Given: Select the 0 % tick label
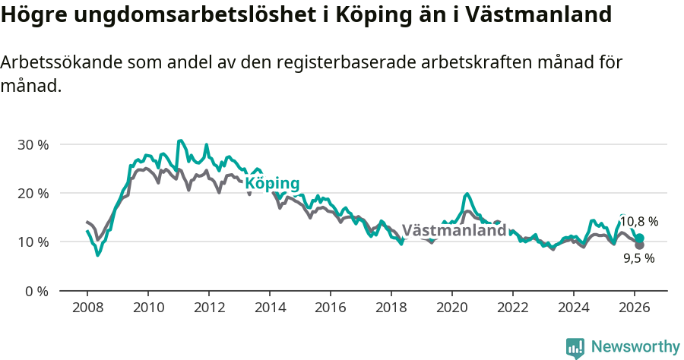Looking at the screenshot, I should coord(36,291).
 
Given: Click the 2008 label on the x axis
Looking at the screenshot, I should coord(87,308).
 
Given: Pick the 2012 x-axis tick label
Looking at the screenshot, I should coord(209,308).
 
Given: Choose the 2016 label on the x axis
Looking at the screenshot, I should coord(331,308).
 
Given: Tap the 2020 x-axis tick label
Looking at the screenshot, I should coord(452,308).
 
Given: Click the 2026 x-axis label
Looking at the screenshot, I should coord(635,308).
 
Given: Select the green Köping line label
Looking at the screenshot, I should coord(272,184).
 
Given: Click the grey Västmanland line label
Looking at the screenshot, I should coord(454,230).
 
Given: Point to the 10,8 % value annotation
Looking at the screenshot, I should coord(638,222).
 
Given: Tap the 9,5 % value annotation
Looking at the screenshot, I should coord(638,258).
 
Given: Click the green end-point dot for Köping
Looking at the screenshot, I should coord(640,238).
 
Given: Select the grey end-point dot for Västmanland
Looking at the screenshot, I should coord(640,245).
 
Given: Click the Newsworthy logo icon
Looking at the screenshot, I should coord(575,348).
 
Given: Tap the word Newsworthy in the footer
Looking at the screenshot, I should coord(635,347).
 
